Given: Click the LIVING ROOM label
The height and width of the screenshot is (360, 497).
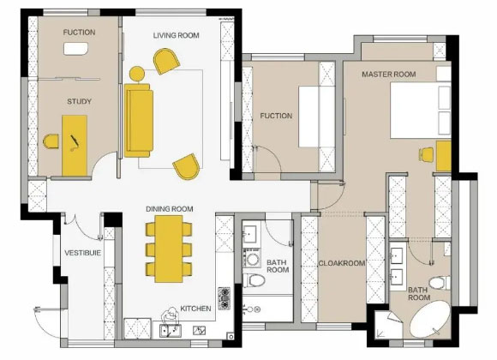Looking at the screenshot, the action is coord(177,35).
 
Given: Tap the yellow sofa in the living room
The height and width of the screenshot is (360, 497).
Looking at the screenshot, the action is coord(139,120).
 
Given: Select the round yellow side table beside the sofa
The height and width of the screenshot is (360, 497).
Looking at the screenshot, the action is coord(137,74).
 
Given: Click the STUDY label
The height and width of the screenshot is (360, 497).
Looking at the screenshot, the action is coord(79,101).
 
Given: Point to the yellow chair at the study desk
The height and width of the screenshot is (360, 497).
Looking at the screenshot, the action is coord(51,141).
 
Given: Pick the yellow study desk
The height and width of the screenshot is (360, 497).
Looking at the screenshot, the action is coord(75,146).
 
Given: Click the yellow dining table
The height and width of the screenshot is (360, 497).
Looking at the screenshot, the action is coord(169,249).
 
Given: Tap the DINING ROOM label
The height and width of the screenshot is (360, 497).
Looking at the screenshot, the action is coord(170,209).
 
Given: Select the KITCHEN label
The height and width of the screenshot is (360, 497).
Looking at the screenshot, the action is coord(195,309).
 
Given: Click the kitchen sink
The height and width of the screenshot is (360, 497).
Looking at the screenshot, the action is coord(171,331).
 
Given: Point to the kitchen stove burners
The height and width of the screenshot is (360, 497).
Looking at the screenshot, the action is coord(225,298).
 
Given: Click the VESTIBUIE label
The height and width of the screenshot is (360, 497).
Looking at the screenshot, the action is coord(83,253).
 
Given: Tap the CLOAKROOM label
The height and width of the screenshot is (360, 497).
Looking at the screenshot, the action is coord(342,263).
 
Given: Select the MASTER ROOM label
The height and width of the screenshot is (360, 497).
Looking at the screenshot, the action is coord(389,75).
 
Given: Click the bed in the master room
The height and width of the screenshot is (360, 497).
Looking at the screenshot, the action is coord(420,110).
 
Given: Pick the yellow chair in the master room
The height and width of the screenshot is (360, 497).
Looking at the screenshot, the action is coord(427,155).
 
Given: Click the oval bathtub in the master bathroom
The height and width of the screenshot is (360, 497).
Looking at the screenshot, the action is coord(430,319).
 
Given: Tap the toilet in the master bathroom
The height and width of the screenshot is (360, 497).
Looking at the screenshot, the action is coord(440,283).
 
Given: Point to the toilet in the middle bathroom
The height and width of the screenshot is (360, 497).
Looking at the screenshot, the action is coord(254,280).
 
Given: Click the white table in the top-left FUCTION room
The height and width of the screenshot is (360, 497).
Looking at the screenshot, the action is coord(76,49).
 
